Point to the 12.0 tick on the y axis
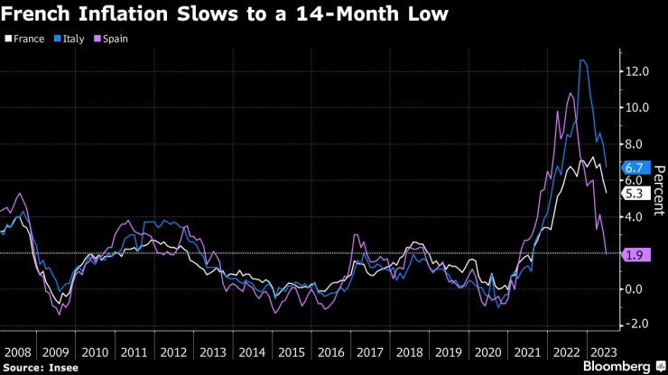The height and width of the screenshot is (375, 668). (637, 71)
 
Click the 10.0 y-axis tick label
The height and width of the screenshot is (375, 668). (637, 107)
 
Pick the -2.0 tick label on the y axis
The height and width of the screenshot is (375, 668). (637, 325)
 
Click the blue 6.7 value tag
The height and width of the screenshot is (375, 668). (634, 167)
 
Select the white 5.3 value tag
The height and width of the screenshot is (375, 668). (634, 192)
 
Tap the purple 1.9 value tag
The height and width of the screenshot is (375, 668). (634, 254)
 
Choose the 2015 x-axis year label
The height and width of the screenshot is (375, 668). (291, 350)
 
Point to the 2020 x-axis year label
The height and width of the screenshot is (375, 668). (485, 350)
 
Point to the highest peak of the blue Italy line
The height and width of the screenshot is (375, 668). (582, 60)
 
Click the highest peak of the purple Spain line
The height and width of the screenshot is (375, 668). (570, 93)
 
